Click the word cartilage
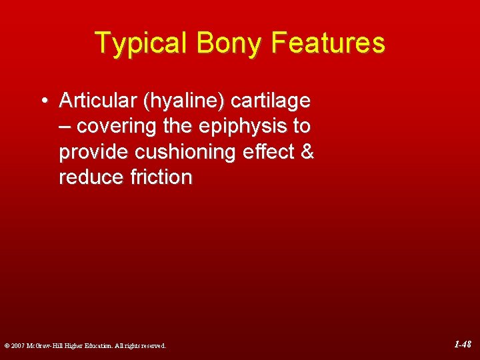270,101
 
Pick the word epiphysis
237,127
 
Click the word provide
94,152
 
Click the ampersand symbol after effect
307,152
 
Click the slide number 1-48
463,345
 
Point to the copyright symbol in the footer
7,346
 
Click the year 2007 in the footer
19,346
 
